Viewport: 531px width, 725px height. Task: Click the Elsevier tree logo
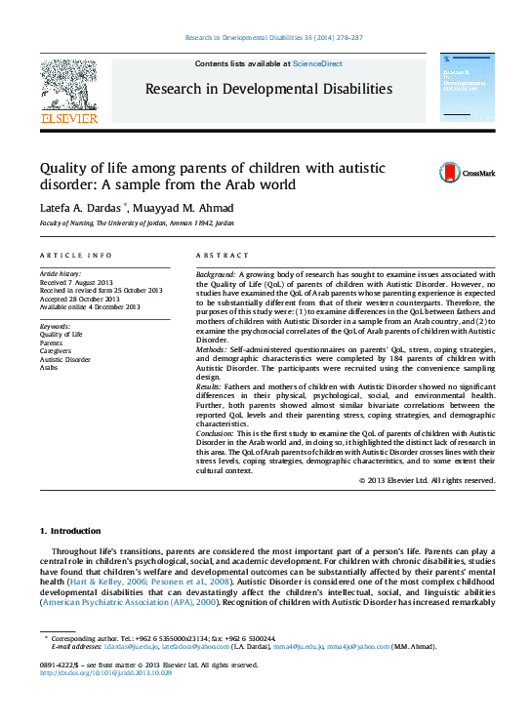point(68,87)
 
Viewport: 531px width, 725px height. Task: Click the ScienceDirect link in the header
point(317,63)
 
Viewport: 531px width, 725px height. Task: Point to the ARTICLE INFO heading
point(75,255)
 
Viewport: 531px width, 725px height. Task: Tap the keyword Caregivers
point(56,351)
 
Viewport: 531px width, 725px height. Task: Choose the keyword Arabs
point(49,369)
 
